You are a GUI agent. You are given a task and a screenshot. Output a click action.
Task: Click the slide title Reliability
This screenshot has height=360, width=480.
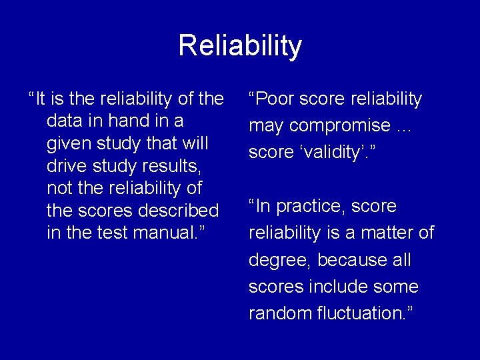point(240,46)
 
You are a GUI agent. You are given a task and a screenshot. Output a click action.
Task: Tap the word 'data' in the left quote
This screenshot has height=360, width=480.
point(64,121)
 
